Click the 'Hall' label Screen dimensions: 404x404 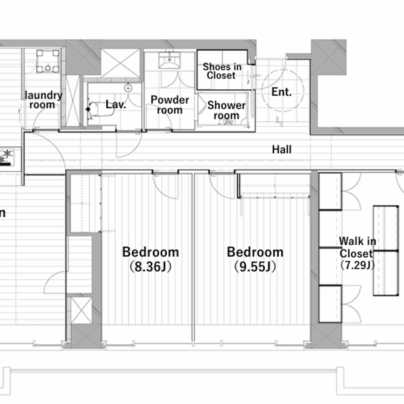click(282, 149)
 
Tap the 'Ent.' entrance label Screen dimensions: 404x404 click(281, 92)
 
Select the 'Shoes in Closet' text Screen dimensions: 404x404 click(222, 71)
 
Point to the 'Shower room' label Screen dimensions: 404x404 click(226, 110)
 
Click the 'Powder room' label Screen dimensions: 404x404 click(170, 105)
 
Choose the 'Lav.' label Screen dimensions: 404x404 click(116, 104)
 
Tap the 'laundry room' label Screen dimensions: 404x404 click(43, 100)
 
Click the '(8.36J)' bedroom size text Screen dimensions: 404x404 click(150, 267)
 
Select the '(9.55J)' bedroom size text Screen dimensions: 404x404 click(255, 267)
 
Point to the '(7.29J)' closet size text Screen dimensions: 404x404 click(358, 265)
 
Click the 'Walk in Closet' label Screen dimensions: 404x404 click(358, 247)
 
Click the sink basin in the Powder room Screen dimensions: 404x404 click(169, 60)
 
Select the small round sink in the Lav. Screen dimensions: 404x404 click(128, 88)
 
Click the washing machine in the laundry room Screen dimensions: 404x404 click(48, 61)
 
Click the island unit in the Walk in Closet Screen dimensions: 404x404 click(386, 251)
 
